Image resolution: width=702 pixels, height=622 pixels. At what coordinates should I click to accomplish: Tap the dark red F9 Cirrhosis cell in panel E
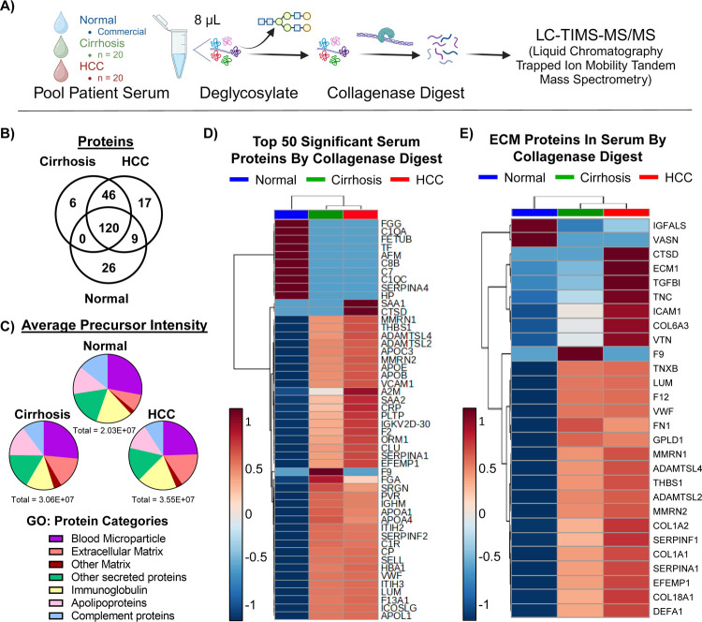coord(578,329)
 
